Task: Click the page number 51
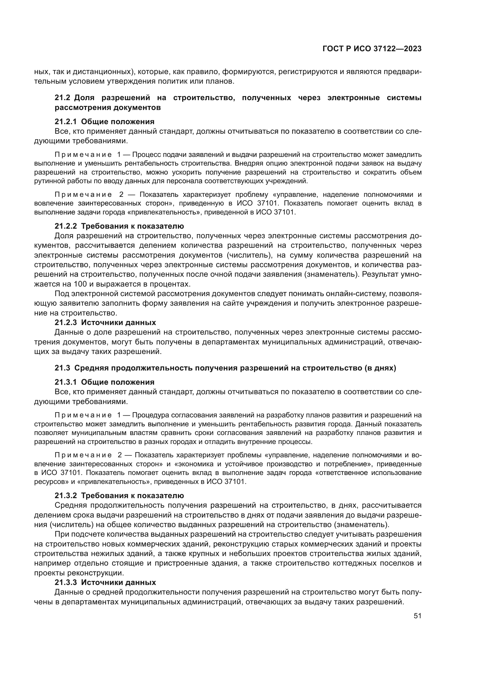pyautogui.click(x=417, y=616)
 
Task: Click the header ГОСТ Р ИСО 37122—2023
pyautogui.click(x=372, y=49)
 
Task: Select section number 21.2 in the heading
pyautogui.click(x=62, y=98)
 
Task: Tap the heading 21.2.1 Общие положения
pyautogui.click(x=105, y=122)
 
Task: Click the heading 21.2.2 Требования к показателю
pyautogui.click(x=119, y=226)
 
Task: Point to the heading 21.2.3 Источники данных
pyautogui.click(x=105, y=322)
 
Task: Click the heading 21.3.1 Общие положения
pyautogui.click(x=105, y=382)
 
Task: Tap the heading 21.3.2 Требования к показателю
pyautogui.click(x=119, y=495)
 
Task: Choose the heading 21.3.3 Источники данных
pyautogui.click(x=105, y=582)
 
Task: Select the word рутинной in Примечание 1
pyautogui.click(x=46, y=181)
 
